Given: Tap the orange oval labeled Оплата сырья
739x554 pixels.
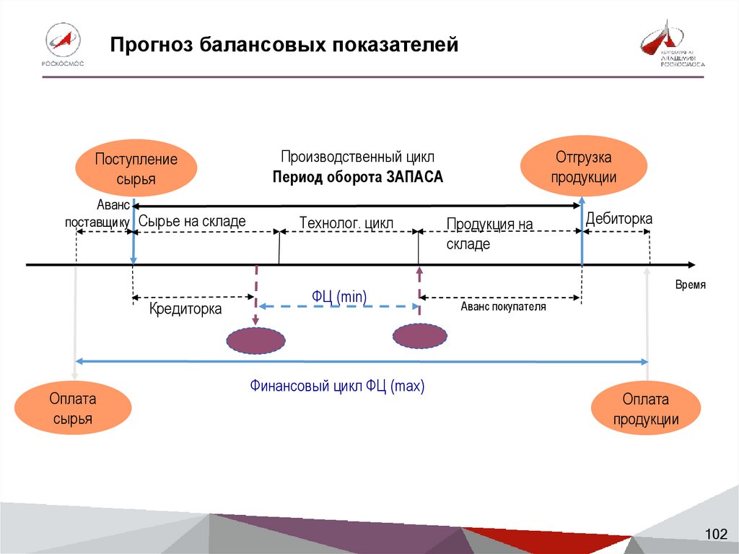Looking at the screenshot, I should pyautogui.click(x=73, y=409).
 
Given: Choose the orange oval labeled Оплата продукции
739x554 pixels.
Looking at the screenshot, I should pyautogui.click(x=646, y=410).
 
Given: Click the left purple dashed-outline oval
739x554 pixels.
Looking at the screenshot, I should pyautogui.click(x=256, y=340).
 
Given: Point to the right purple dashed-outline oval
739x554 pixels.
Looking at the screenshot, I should pyautogui.click(x=419, y=336).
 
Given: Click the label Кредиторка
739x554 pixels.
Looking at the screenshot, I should pyautogui.click(x=185, y=309).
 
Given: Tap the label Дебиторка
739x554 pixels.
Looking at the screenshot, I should pyautogui.click(x=618, y=218).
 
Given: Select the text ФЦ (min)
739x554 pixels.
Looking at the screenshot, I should pyautogui.click(x=339, y=295).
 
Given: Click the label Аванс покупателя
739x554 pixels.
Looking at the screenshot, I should pyautogui.click(x=504, y=306).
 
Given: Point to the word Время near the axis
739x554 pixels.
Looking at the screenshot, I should pyautogui.click(x=690, y=285).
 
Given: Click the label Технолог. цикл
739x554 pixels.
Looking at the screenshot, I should pyautogui.click(x=346, y=223).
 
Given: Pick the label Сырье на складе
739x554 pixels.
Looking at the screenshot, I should pyautogui.click(x=192, y=221).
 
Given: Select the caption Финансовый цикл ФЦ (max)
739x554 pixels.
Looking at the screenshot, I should pyautogui.click(x=338, y=386).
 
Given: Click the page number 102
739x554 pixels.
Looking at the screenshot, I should pyautogui.click(x=716, y=534).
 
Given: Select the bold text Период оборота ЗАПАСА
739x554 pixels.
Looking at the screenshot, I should pyautogui.click(x=358, y=178).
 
